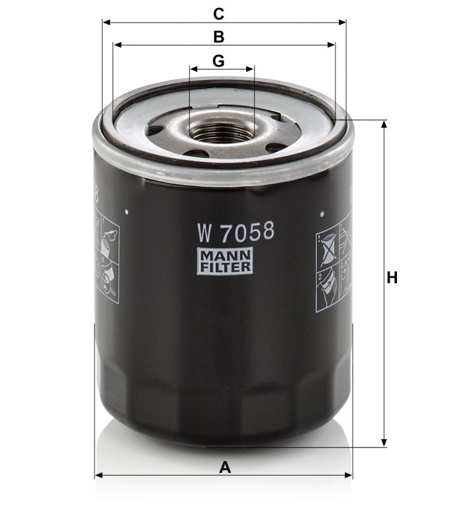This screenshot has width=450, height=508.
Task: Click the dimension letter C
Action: coord(218,15)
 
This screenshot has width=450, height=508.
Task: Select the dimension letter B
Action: coord(219,37)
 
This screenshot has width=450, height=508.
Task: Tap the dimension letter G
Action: coord(218,61)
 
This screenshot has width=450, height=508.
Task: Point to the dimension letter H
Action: coord(392,278)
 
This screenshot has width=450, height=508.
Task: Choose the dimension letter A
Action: coord(225,468)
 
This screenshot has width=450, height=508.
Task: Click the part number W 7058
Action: coord(236,232)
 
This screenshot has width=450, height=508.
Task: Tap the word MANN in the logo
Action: coord(225,255)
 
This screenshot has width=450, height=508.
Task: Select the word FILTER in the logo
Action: coord(225,267)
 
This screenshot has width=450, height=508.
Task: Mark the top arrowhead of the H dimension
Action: coord(384,124)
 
